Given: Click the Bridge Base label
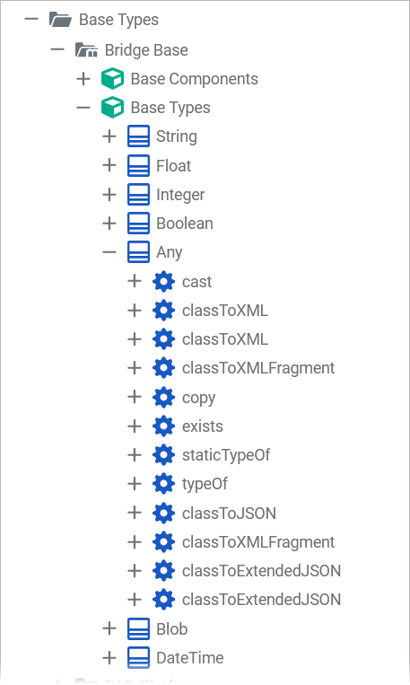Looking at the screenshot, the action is (x=146, y=50).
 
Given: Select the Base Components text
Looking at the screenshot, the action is (x=195, y=79).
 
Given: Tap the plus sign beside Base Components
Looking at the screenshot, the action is (x=83, y=79).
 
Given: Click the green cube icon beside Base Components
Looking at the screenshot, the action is (x=112, y=79).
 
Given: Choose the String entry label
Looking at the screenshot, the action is (x=177, y=136).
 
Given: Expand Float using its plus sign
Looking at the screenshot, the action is (x=109, y=165).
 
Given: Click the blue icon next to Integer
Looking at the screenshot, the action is (x=138, y=195).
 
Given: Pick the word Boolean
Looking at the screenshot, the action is (x=185, y=224).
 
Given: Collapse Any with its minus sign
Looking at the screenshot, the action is (x=109, y=252).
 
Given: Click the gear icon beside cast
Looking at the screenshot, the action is (x=164, y=282).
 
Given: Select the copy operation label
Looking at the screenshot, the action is (x=198, y=398).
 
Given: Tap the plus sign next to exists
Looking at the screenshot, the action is (x=135, y=426).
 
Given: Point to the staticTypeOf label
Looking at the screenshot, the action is (x=226, y=455).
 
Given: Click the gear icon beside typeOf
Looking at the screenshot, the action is (x=164, y=484).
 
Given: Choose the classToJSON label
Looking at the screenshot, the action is (x=229, y=513).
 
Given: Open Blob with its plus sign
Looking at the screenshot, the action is (x=109, y=628).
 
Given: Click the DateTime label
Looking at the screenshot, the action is (x=190, y=657).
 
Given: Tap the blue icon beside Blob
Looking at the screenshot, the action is (x=138, y=628).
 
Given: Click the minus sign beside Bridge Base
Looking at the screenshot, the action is (x=57, y=49).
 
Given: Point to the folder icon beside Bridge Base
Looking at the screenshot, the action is (x=86, y=49).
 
